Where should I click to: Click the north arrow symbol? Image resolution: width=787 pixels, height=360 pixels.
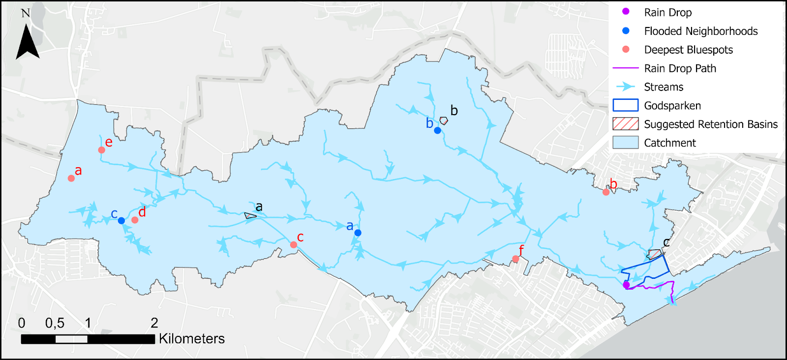27,42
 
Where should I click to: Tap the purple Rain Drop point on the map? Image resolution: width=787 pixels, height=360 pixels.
626,285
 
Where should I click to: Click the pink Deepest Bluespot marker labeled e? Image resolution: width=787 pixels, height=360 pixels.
101,150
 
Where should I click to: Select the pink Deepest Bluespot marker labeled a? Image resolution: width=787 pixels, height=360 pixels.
71,178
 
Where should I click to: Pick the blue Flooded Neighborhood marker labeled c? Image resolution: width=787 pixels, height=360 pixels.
121,221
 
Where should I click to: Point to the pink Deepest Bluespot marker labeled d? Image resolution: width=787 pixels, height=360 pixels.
135,220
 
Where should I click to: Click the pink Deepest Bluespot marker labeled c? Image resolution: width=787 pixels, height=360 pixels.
294,245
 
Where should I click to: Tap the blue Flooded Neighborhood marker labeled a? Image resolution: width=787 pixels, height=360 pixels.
358,233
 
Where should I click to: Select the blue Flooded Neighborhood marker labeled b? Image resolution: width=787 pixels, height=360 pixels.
437,130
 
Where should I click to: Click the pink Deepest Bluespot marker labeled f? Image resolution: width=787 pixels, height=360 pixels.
515,259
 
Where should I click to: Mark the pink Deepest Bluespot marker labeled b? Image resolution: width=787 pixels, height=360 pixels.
606,192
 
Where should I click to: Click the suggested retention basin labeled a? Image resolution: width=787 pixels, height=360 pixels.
250,215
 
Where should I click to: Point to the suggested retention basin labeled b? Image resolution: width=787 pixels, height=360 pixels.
444,120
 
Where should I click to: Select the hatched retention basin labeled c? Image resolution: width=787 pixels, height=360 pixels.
654,254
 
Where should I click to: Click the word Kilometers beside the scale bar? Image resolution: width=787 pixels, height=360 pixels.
192,339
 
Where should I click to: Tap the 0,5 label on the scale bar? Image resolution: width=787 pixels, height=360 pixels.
55,323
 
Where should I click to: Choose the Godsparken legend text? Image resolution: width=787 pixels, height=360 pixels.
672,106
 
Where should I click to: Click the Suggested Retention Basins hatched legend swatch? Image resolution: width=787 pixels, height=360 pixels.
626,124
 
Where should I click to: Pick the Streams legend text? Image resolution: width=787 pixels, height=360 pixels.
664,87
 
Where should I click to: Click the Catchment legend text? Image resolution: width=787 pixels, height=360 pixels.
670,143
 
